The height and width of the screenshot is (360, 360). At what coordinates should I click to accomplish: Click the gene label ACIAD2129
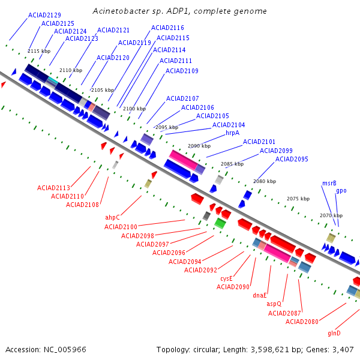coord(44,14)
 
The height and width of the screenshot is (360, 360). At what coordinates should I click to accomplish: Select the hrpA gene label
coord(232,133)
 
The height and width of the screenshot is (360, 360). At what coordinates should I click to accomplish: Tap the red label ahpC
coord(113,217)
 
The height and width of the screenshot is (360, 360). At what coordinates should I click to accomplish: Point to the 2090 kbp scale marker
coord(199,146)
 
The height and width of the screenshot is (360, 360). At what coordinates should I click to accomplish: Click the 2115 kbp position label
coord(38,51)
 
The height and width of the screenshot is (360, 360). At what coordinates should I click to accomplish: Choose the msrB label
coord(329,183)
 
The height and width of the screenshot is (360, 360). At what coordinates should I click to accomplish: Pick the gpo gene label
coord(341,190)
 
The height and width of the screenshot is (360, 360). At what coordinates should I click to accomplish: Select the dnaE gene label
coord(259,295)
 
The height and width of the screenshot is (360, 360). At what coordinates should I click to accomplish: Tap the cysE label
coord(226,278)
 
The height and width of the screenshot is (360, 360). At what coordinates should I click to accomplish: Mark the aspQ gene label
coord(274,304)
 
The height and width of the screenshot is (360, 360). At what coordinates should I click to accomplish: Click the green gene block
coord(220,224)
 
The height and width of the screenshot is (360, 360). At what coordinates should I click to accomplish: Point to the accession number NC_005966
coord(46,349)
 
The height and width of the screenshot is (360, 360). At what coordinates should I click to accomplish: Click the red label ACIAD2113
coord(53,188)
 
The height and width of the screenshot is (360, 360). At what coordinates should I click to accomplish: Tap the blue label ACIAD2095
coord(292,159)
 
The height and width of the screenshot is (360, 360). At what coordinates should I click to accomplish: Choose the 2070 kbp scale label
coord(331,215)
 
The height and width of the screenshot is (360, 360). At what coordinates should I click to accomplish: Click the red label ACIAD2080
coord(302,322)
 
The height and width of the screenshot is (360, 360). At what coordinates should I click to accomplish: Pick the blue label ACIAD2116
coord(167,28)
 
